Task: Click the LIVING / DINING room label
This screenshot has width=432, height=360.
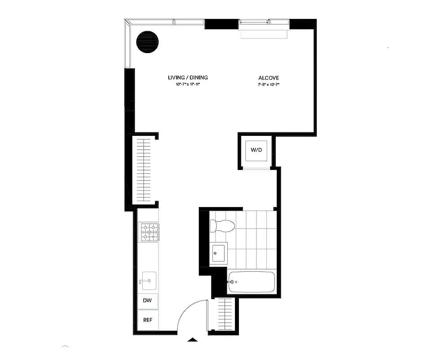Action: [x=188, y=78]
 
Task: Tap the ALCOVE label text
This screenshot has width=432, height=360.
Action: [x=269, y=78]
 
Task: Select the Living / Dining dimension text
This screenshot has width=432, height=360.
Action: [x=188, y=85]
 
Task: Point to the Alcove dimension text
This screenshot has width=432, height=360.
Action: [x=269, y=85]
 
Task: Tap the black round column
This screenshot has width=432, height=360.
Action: [x=148, y=42]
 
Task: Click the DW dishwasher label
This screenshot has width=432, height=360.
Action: [x=147, y=301]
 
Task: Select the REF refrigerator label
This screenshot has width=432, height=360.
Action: [x=147, y=320]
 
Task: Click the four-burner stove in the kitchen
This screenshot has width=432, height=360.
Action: [x=149, y=232]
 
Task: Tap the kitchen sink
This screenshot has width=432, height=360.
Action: [x=149, y=280]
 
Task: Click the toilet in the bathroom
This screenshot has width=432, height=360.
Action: [x=223, y=225]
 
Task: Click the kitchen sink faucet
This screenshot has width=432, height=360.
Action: [x=142, y=282]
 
